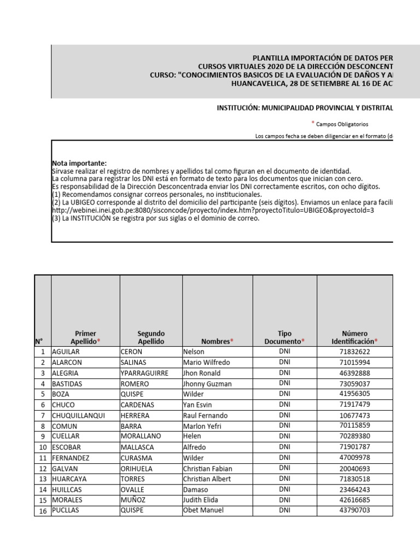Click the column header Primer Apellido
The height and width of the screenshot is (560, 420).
[85, 337]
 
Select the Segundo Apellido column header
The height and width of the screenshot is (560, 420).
[151, 337]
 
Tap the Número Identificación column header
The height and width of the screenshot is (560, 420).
[354, 337]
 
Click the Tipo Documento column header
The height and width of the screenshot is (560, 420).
[284, 337]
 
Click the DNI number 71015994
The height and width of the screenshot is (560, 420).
[354, 363]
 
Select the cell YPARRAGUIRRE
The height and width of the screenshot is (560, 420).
[144, 373]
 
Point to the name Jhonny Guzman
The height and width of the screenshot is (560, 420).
[208, 384]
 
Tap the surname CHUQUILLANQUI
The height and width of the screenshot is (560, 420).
[78, 416]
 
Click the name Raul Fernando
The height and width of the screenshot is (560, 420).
[206, 416]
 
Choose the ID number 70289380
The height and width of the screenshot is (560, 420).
[354, 436]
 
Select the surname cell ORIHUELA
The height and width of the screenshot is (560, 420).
[137, 468]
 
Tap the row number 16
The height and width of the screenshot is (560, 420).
[42, 511]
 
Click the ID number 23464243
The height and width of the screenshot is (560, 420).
[354, 489]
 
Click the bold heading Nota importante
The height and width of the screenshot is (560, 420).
[79, 164]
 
